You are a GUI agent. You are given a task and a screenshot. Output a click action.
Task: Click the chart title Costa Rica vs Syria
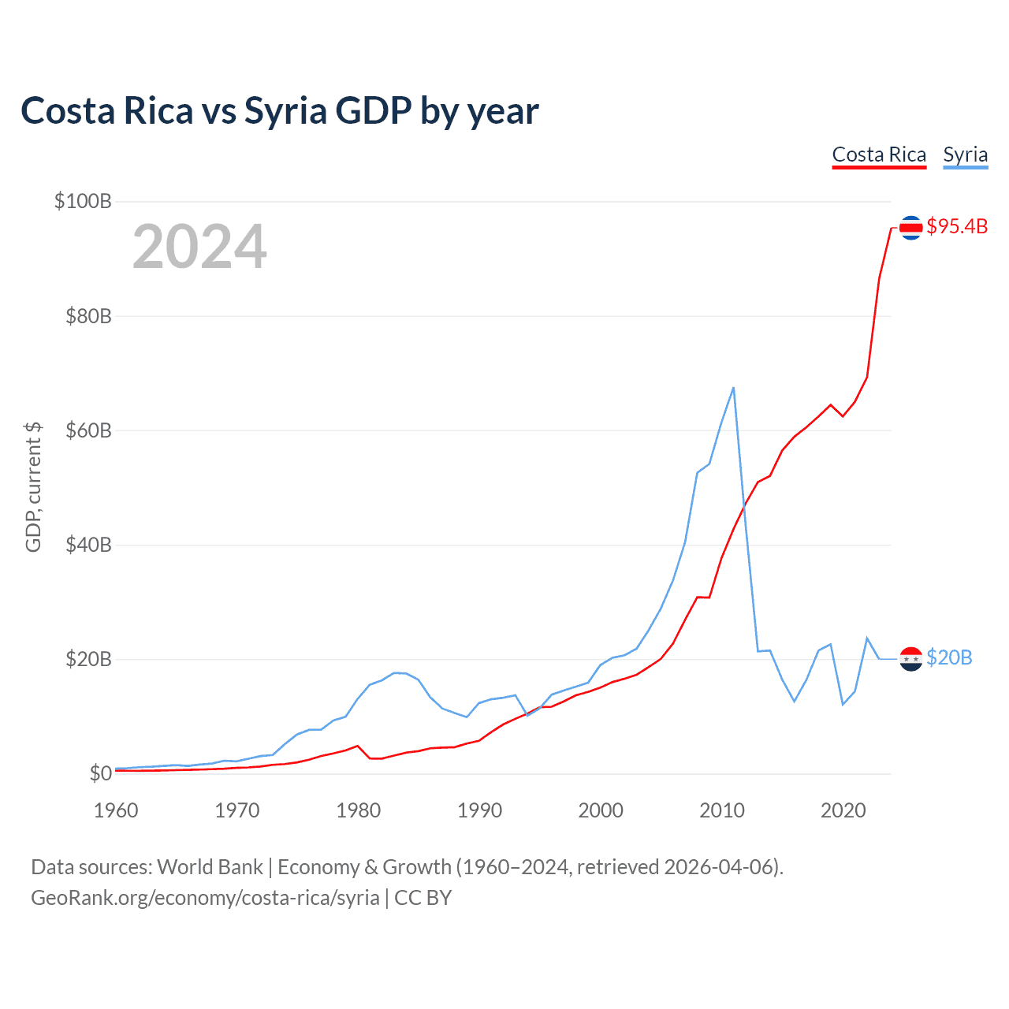click(279, 111)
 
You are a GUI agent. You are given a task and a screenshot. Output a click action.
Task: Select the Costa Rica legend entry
click(879, 155)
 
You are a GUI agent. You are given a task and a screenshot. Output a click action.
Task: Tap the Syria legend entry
click(965, 155)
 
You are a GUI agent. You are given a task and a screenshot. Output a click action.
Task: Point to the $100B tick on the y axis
click(83, 201)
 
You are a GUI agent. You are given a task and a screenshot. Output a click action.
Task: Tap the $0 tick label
click(100, 773)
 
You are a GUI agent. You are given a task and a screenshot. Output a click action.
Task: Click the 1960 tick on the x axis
click(116, 810)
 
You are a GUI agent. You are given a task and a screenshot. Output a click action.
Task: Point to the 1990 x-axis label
click(479, 810)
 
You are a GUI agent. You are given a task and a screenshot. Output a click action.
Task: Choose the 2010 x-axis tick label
click(722, 810)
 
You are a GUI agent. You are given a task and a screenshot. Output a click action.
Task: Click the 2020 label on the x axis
click(843, 810)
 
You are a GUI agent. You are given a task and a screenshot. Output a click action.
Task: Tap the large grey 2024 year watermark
click(199, 248)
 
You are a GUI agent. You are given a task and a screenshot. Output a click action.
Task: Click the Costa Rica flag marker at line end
click(910, 228)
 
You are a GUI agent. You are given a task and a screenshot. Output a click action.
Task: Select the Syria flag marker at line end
click(910, 658)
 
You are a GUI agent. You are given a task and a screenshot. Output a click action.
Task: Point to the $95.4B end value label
click(957, 227)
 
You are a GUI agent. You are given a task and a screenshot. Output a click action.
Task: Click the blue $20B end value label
click(949, 657)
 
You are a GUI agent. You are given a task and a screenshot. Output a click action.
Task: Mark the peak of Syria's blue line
click(733, 388)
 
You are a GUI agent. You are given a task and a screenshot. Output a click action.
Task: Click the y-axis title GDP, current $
click(33, 487)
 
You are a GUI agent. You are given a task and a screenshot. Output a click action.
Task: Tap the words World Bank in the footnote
click(210, 867)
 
